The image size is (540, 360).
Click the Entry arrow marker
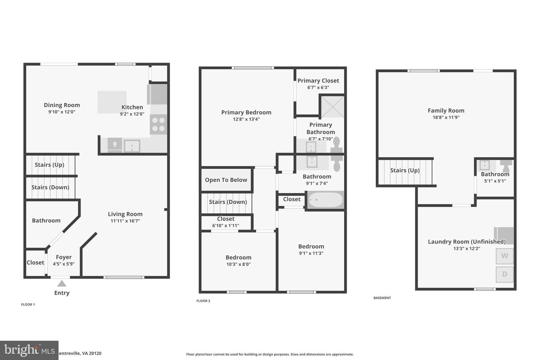62,283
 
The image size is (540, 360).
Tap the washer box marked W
504,256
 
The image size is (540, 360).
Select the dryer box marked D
504,274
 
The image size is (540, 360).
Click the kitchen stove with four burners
158,124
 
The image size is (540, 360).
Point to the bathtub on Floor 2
325,200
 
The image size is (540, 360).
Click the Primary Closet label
318,81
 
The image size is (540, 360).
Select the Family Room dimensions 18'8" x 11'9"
446,117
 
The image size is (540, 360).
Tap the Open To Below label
226,180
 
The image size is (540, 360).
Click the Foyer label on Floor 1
64,257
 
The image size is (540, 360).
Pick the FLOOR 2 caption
203,301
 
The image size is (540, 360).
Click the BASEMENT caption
382,298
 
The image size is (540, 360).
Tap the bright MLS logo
29,350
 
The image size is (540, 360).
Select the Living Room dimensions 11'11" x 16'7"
125,221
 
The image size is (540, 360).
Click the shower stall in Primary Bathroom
331,106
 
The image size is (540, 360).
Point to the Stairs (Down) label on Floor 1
50,187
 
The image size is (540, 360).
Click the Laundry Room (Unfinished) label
466,242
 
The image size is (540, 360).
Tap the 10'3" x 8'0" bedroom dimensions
238,264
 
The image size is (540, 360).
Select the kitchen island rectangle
112,102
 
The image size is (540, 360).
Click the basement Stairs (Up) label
405,171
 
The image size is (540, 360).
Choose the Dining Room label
62,105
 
